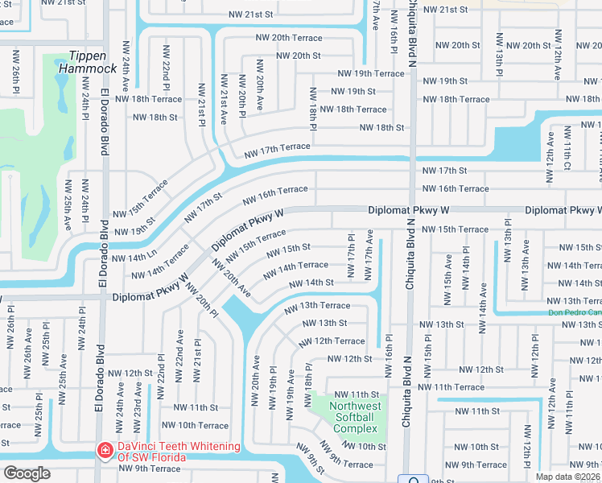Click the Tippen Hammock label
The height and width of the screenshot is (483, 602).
93,62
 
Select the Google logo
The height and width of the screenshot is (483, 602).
27,473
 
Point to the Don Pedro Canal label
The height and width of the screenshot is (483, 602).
575,312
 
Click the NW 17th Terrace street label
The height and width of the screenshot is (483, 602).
277,148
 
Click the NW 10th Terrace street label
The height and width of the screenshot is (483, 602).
195,425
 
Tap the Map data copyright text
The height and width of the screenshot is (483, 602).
567,477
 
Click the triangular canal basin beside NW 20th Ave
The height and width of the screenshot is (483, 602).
241,314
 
